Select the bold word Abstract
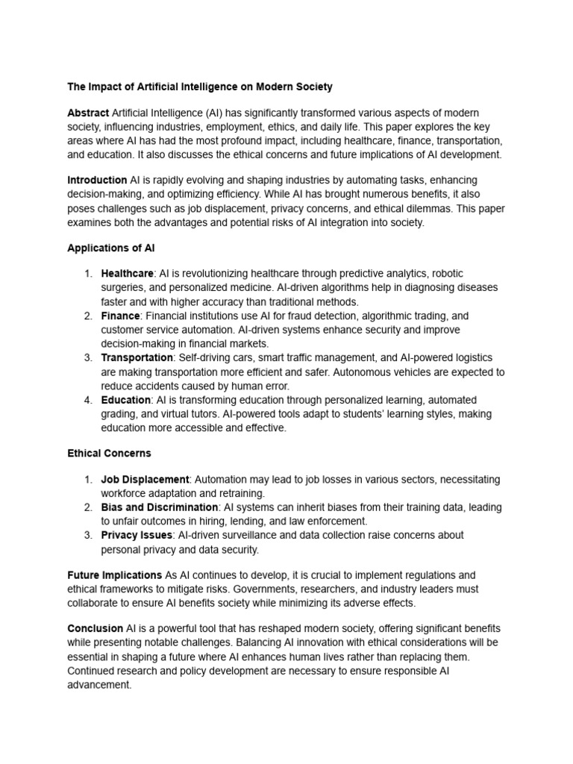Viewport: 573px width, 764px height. [x=88, y=111]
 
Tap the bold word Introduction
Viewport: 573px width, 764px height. [x=97, y=181]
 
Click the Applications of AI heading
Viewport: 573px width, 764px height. [x=111, y=246]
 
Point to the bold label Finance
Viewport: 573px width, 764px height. [x=120, y=316]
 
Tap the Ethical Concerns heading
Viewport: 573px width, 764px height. [x=109, y=453]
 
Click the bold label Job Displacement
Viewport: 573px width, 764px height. [x=145, y=479]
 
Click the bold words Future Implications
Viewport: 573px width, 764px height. [x=114, y=575]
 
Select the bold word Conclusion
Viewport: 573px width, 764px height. [x=95, y=628]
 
